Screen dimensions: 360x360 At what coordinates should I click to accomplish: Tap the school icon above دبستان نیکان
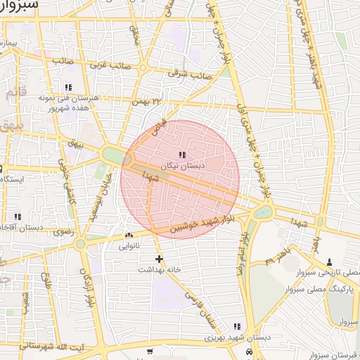click(x=181, y=155)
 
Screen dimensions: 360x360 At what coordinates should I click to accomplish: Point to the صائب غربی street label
click(x=107, y=63)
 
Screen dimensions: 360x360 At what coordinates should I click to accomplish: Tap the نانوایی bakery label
click(x=128, y=245)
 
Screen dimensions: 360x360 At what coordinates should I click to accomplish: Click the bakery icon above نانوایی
click(x=128, y=236)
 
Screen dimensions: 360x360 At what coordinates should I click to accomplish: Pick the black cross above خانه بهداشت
click(x=160, y=259)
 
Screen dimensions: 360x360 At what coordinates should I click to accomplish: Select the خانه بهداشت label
click(x=160, y=269)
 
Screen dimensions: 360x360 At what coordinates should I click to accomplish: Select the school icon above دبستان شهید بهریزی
click(x=237, y=327)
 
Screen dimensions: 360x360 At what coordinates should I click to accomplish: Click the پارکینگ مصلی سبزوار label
click(x=325, y=290)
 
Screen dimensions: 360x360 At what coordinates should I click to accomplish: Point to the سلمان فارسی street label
click(x=200, y=312)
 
